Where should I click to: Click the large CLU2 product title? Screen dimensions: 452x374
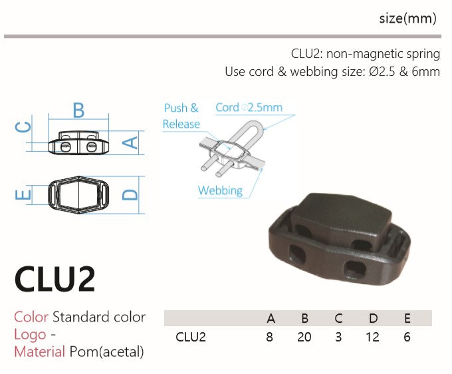pos(55,279)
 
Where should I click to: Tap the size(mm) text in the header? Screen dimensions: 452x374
pos(407,19)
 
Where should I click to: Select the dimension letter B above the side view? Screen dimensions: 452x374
pos(78,110)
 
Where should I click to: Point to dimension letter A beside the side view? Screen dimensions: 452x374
pos(130,142)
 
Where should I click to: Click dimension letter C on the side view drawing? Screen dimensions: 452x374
pos(23,127)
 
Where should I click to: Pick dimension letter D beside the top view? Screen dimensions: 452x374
pos(130,195)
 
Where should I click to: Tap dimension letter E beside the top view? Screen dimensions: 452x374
pos(23,194)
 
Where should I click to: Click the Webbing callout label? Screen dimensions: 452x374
pos(220,190)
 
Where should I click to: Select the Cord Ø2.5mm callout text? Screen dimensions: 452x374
pos(249,107)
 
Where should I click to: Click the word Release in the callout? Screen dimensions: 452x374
pos(181,124)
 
